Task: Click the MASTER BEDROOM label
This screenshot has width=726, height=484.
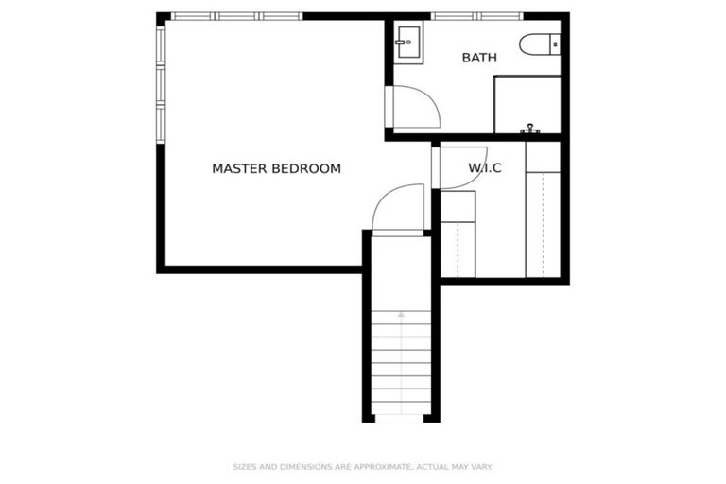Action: coord(276,169)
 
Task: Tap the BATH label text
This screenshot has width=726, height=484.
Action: coord(479,59)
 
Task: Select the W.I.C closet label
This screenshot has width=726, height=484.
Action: coord(484,169)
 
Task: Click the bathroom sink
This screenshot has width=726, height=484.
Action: coord(408,43)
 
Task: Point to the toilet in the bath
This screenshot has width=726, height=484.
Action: coord(540,44)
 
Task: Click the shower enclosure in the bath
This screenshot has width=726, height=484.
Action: coord(527,104)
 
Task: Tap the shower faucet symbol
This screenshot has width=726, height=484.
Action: coord(531,128)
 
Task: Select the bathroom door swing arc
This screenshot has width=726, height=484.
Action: coord(417,107)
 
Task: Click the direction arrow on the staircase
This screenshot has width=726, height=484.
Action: coord(401,315)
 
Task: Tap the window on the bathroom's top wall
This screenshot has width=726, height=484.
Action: coord(476,16)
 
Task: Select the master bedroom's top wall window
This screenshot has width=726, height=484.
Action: coord(236,16)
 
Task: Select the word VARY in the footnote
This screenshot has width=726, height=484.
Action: coord(481,466)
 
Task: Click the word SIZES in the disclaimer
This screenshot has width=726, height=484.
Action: coord(244,466)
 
